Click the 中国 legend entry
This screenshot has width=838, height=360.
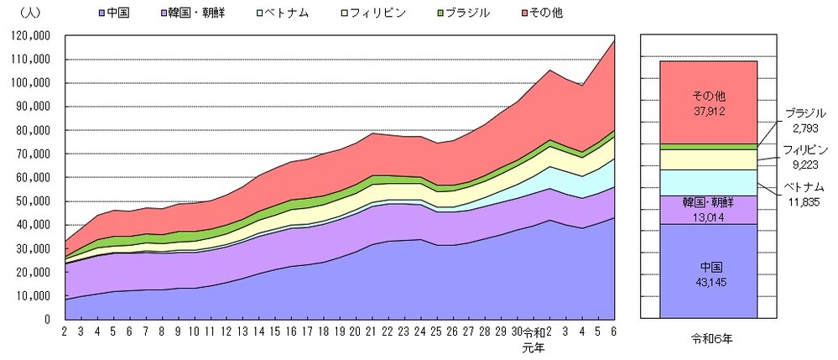click(112, 13)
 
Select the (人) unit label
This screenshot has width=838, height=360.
click(21, 13)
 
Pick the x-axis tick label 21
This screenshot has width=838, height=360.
click(370, 331)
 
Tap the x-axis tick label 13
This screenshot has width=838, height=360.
click(243, 331)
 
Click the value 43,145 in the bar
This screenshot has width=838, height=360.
click(709, 282)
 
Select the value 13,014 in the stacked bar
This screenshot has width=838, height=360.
click(709, 217)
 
